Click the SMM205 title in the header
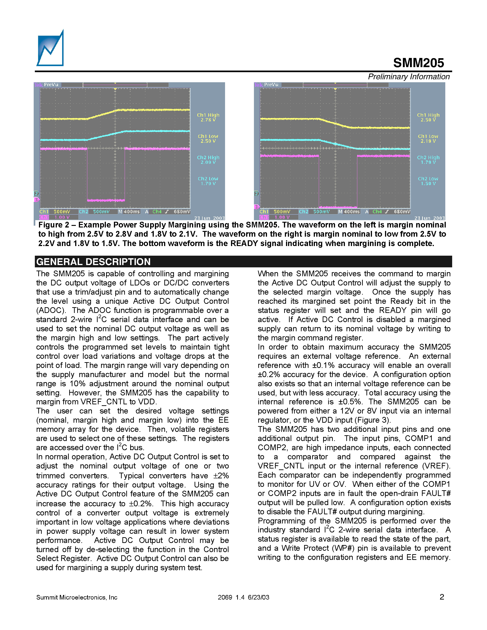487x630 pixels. click(418, 63)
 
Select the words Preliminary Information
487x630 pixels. click(409, 77)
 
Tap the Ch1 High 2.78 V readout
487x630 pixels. click(208, 117)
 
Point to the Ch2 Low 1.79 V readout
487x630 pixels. click(208, 181)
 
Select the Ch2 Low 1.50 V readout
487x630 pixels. click(428, 181)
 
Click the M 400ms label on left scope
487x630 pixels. click(129, 212)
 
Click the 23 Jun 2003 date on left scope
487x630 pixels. click(209, 218)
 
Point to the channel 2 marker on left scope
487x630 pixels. click(36, 194)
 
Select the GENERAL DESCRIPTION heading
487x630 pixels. click(94, 262)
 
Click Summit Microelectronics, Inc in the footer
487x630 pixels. click(77, 597)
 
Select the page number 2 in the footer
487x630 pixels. click(442, 597)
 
